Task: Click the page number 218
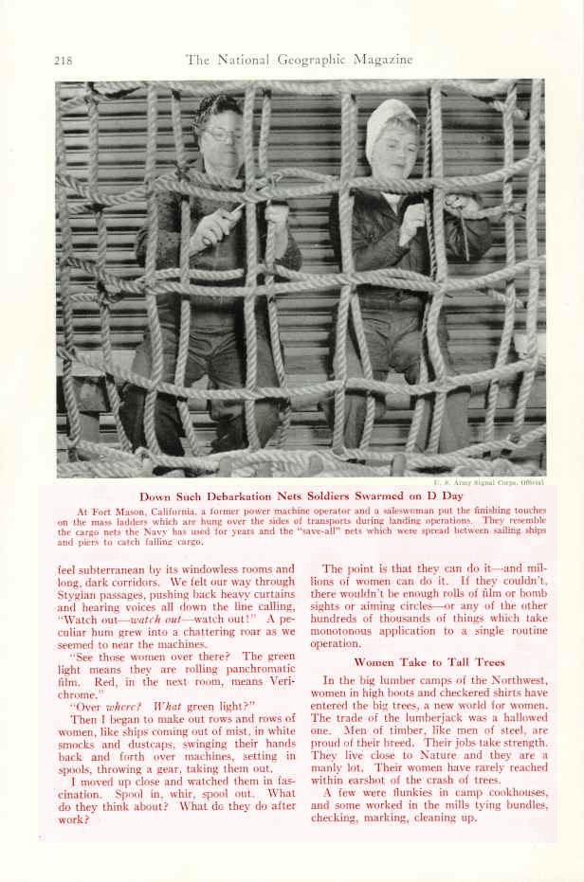(64, 61)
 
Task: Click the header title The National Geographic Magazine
(299, 60)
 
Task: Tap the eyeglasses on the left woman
(222, 135)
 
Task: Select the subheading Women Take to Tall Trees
(429, 661)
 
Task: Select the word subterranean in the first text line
(114, 569)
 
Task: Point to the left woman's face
(221, 142)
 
